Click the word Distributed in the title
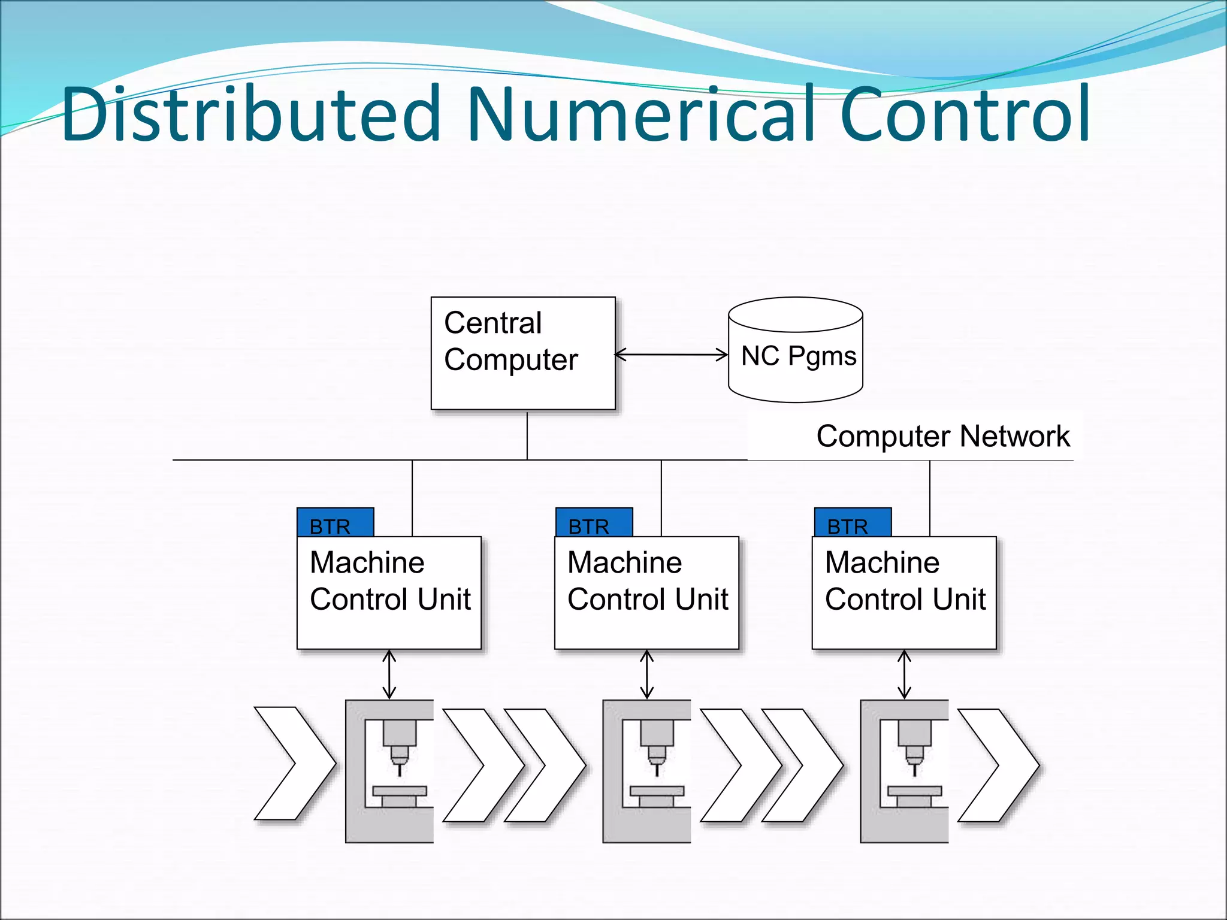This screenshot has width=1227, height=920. pyautogui.click(x=252, y=114)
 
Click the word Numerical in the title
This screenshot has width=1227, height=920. pyautogui.click(x=641, y=114)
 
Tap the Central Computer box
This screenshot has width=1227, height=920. pyautogui.click(x=522, y=353)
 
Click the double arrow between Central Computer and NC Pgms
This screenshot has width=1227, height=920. pyautogui.click(x=671, y=355)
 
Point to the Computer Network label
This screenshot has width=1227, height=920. pyautogui.click(x=942, y=436)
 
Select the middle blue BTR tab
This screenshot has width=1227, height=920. pyautogui.click(x=593, y=522)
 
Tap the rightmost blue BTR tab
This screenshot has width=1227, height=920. pyautogui.click(x=852, y=522)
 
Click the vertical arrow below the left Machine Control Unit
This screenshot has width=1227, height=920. pyautogui.click(x=389, y=674)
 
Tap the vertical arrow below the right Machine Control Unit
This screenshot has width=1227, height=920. pyautogui.click(x=905, y=674)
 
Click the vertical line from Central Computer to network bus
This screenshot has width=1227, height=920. pyautogui.click(x=527, y=435)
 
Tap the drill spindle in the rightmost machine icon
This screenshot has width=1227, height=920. pyautogui.click(x=914, y=743)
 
